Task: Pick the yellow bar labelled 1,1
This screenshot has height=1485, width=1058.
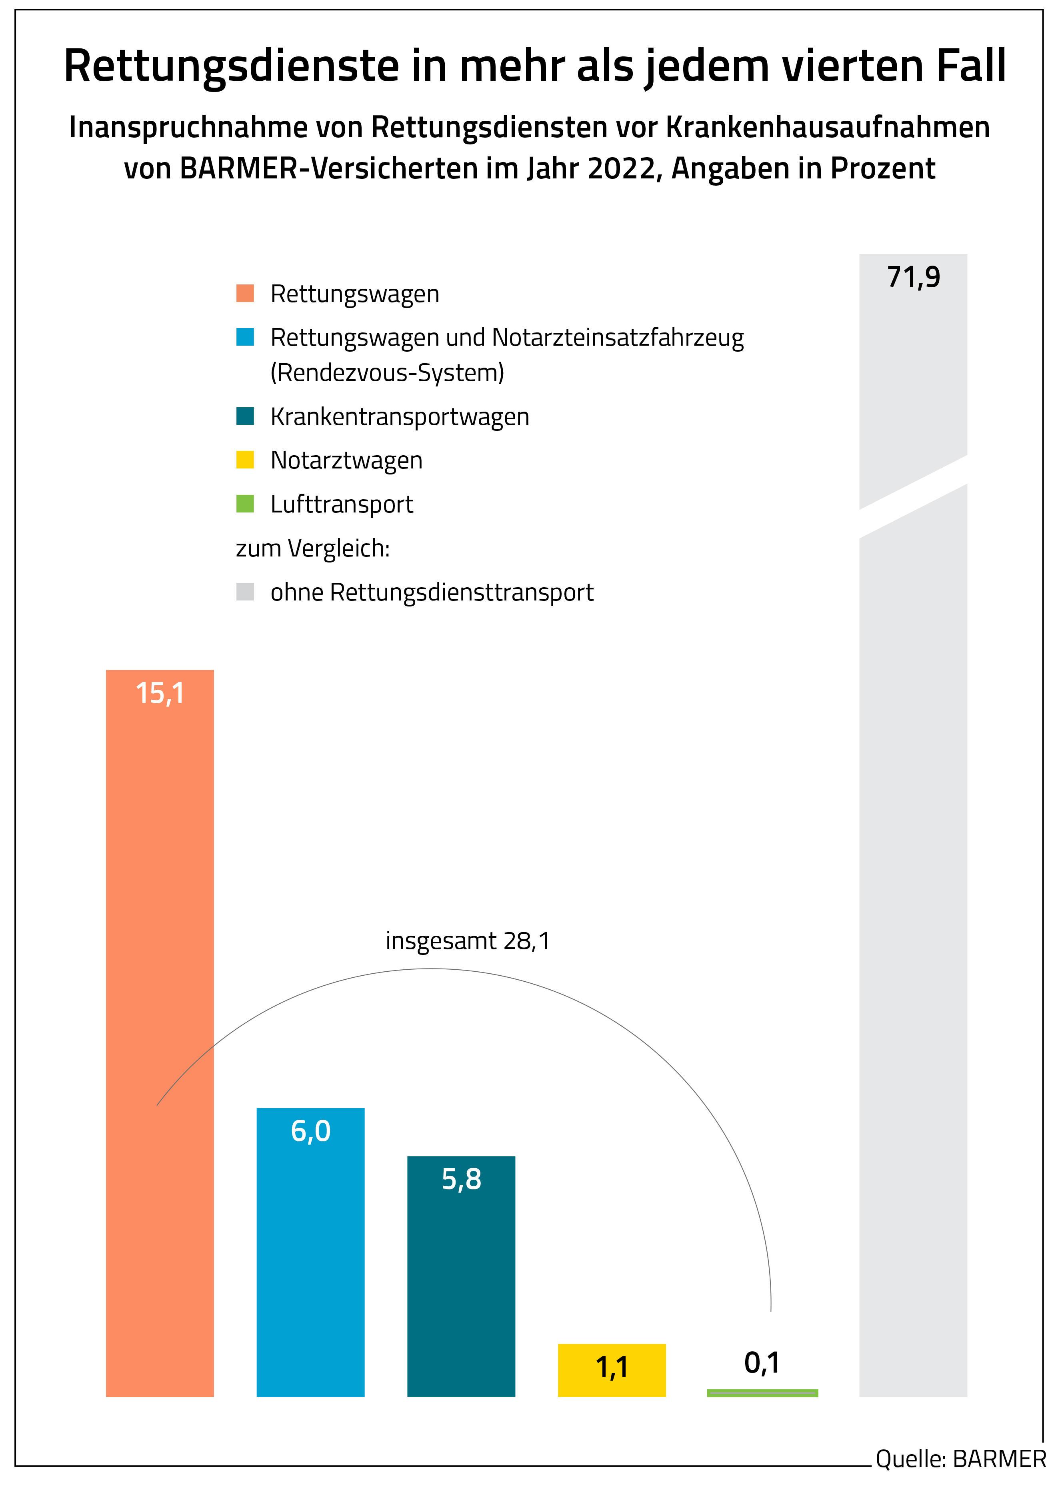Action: pos(611,1372)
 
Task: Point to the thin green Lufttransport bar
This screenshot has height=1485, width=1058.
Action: pos(762,1393)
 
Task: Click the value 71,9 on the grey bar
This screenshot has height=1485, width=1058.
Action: pos(913,278)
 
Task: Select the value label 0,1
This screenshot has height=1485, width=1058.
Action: pos(762,1363)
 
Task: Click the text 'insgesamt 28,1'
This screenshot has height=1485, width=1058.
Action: pos(468,941)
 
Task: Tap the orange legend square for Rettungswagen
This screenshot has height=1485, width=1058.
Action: pos(245,293)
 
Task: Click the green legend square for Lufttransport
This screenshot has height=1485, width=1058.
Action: pos(245,504)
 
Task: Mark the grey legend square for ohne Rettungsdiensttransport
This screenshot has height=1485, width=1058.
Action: pos(245,592)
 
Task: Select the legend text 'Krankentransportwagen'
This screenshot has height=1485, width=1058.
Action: pos(399,416)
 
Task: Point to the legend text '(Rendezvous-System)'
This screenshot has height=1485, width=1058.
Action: pos(387,373)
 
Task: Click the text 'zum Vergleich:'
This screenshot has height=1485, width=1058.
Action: pos(313,548)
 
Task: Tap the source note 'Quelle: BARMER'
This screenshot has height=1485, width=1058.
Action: pos(960,1459)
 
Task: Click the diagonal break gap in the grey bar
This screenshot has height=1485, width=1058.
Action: pos(913,496)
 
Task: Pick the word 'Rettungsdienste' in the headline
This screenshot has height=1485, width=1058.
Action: pos(231,66)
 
